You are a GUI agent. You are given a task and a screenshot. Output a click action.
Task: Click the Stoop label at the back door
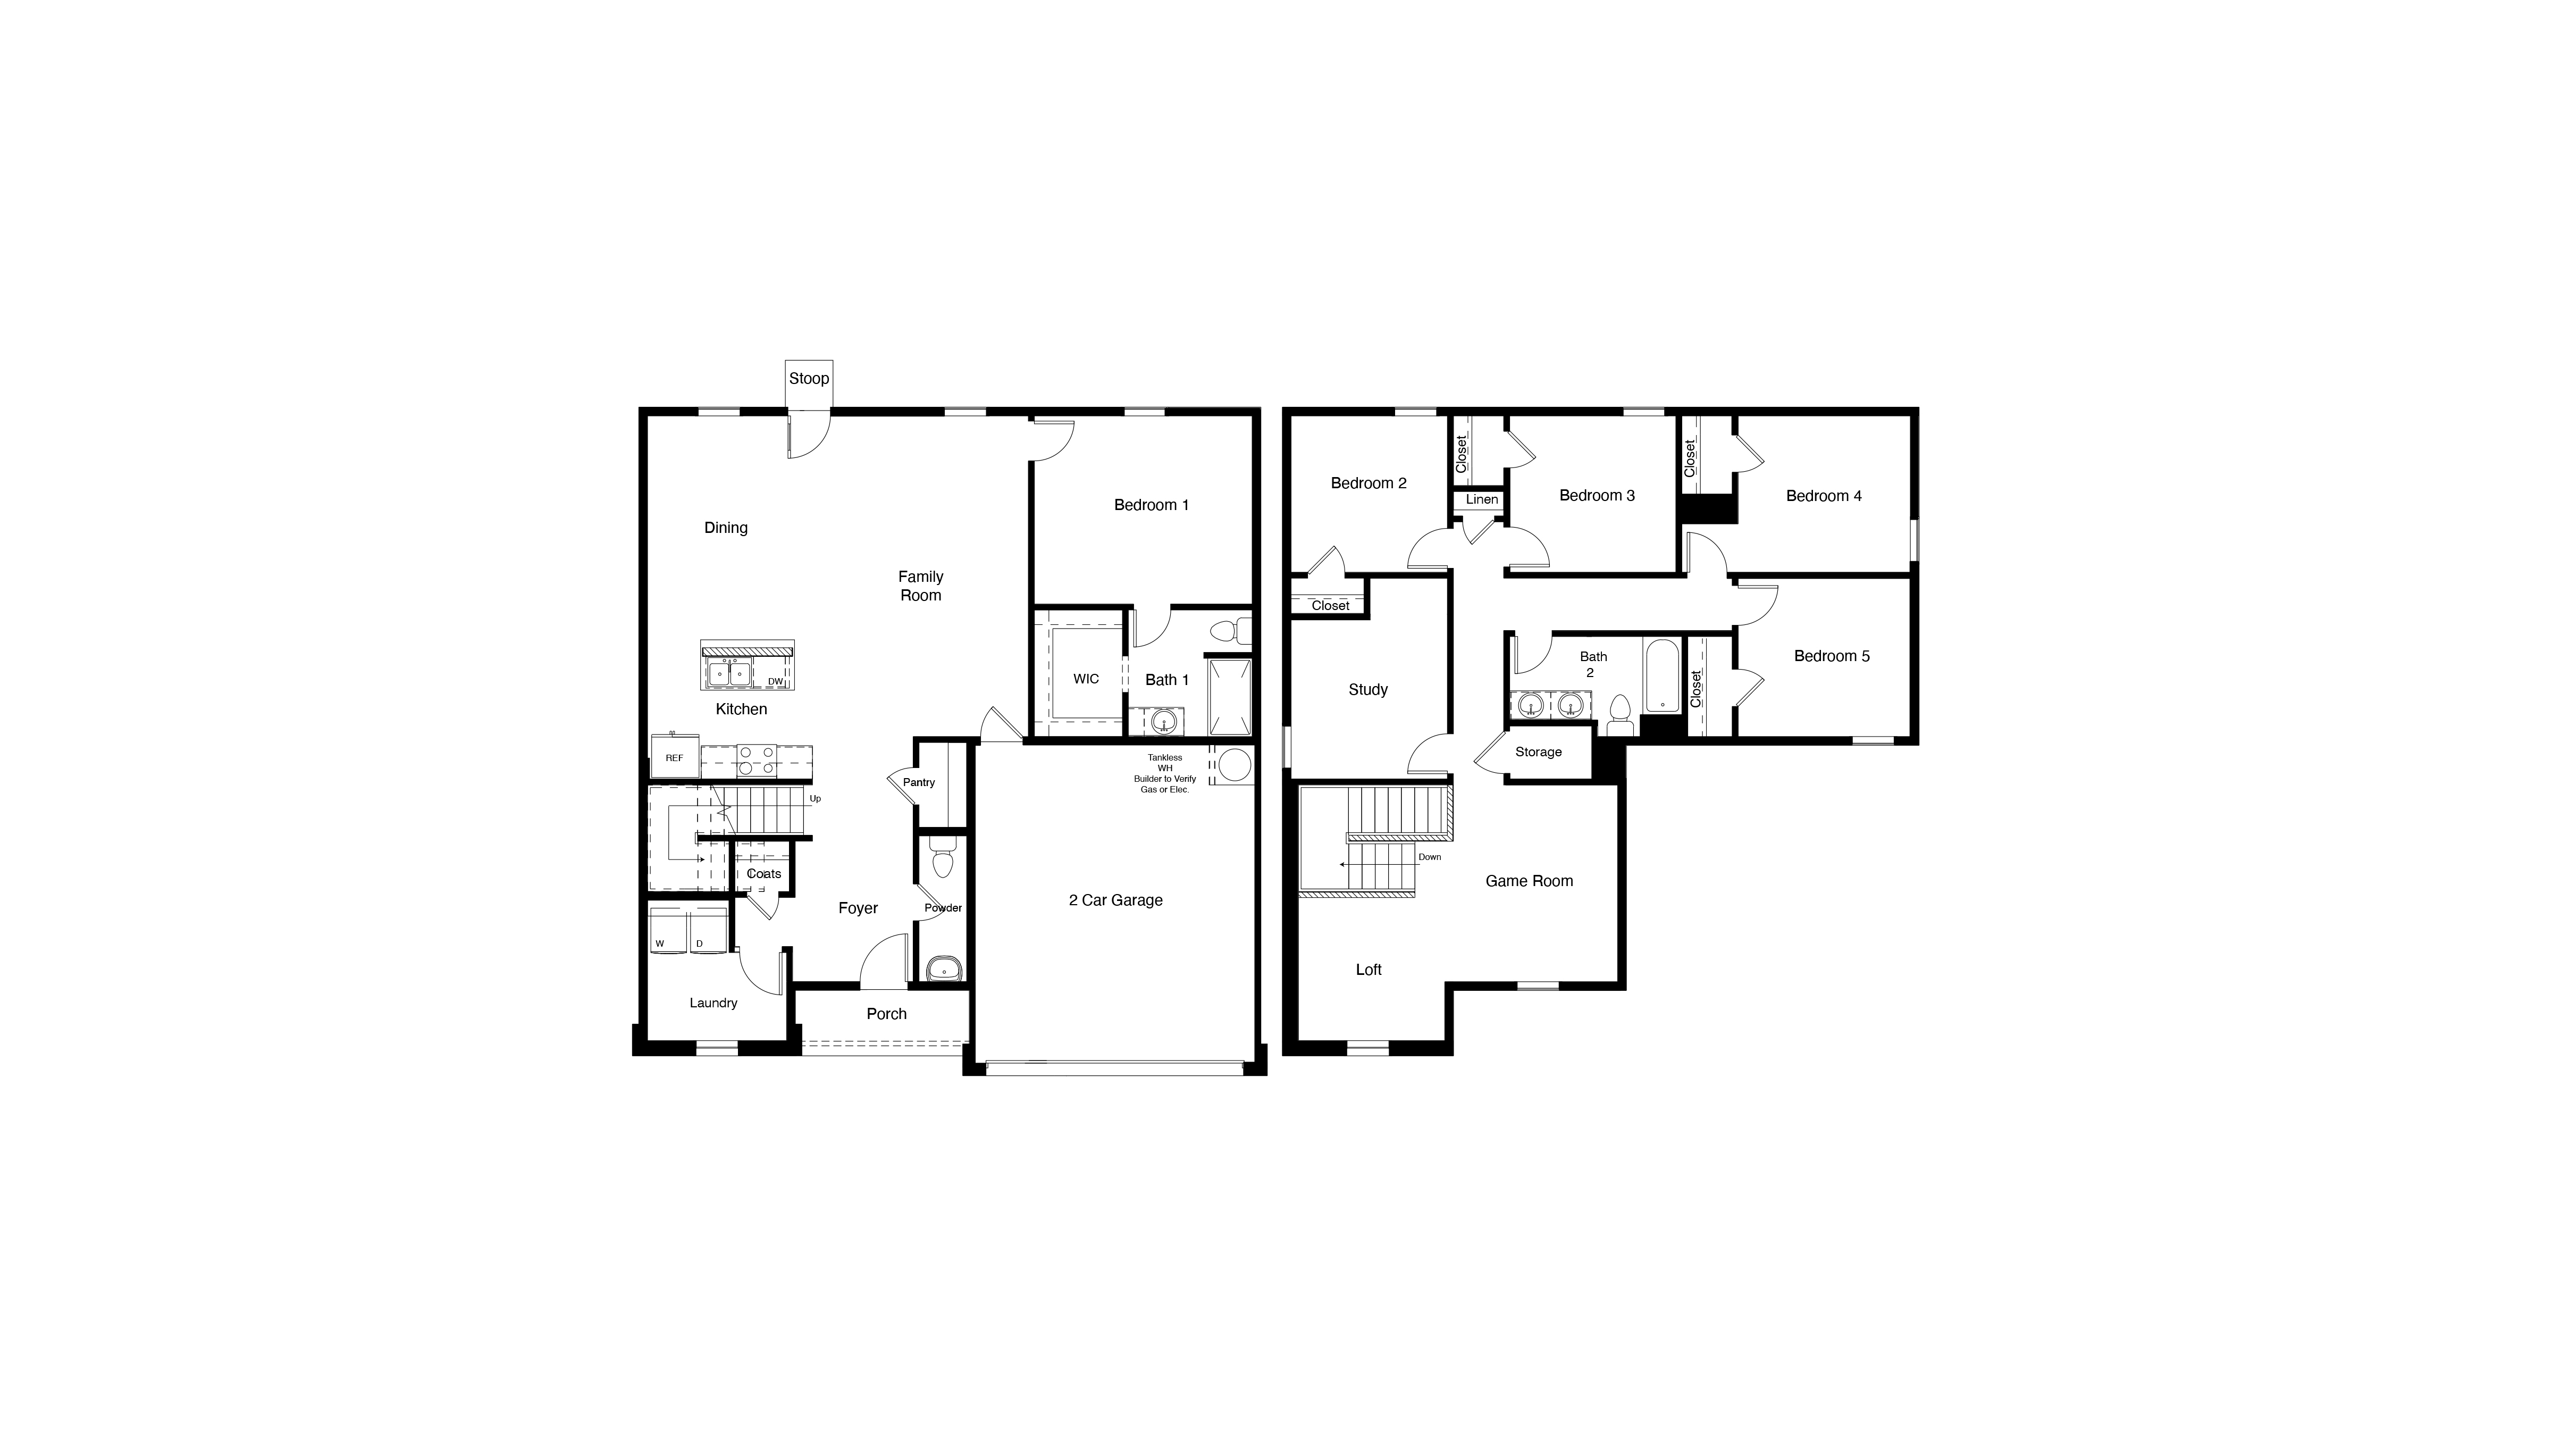point(808,379)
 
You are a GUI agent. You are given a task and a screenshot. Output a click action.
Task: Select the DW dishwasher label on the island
point(776,682)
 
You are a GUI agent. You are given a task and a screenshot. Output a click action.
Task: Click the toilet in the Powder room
point(942,859)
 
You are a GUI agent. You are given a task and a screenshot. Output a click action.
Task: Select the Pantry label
point(918,782)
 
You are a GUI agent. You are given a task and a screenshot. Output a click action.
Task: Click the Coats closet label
point(764,873)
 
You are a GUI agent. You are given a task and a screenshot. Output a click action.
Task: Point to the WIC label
point(1086,679)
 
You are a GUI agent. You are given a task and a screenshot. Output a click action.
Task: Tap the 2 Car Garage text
point(1115,900)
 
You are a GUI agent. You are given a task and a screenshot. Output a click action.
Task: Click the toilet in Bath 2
point(1621,714)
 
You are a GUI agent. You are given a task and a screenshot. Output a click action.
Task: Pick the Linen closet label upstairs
point(1482,499)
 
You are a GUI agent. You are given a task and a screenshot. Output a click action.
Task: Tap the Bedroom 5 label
point(1832,656)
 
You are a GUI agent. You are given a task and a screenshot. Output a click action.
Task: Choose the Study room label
point(1368,690)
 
